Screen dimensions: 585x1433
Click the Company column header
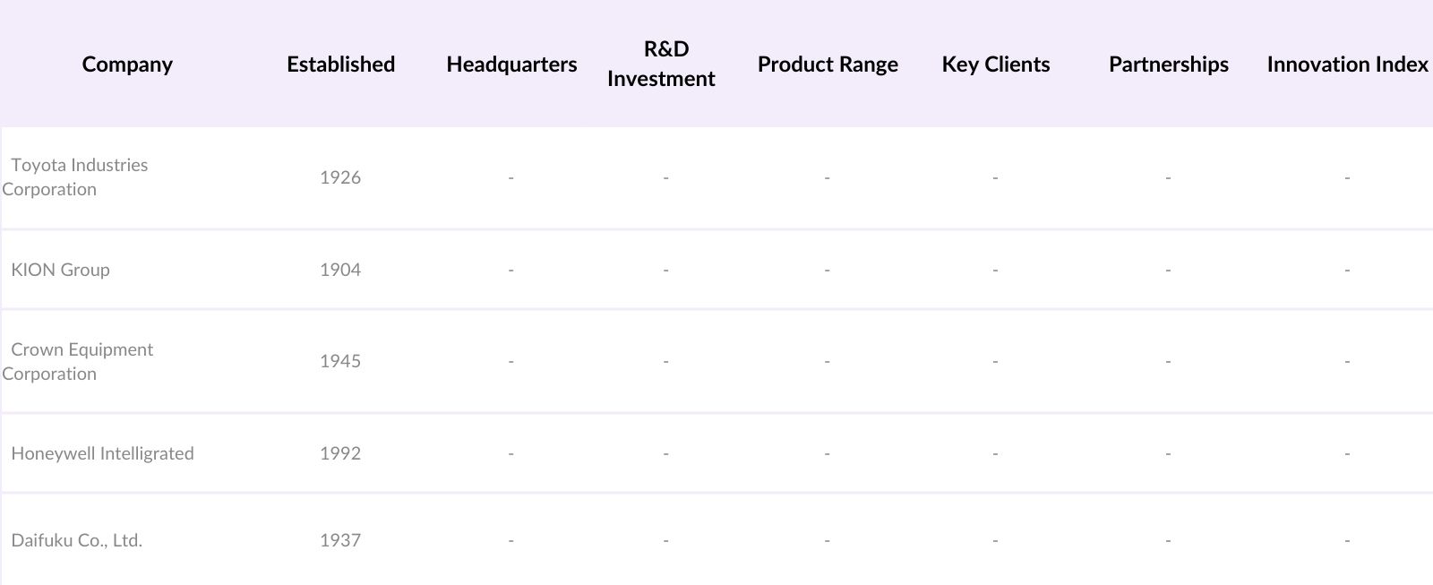(127, 65)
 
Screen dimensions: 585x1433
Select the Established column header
(340, 65)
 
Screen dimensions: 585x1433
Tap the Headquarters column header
(511, 65)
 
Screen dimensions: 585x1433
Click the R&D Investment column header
(662, 64)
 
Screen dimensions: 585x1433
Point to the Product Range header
(828, 65)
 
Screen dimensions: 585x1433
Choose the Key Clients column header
(995, 65)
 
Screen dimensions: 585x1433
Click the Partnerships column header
(1168, 65)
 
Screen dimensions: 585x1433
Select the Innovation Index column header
(1347, 65)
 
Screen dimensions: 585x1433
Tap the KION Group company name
(60, 270)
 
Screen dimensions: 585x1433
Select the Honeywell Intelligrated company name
(102, 453)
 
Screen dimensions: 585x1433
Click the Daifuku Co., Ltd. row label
(76, 540)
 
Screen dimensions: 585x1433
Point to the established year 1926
(340, 177)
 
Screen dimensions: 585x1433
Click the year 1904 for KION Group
(340, 270)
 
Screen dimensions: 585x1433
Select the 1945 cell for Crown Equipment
(340, 361)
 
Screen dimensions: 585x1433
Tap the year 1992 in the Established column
(340, 453)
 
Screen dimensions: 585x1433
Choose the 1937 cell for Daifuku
(340, 540)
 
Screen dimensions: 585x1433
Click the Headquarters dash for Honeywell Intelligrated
(511, 454)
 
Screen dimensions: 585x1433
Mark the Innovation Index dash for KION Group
(1347, 271)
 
